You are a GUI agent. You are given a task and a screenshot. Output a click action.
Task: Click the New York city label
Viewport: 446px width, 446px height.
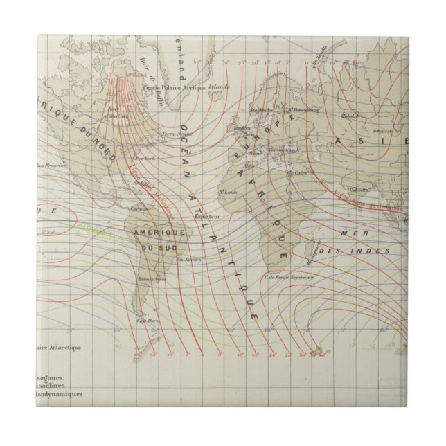pyautogui.click(x=144, y=159)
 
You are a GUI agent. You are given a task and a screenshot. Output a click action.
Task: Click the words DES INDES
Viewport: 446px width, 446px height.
pyautogui.click(x=368, y=250)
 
